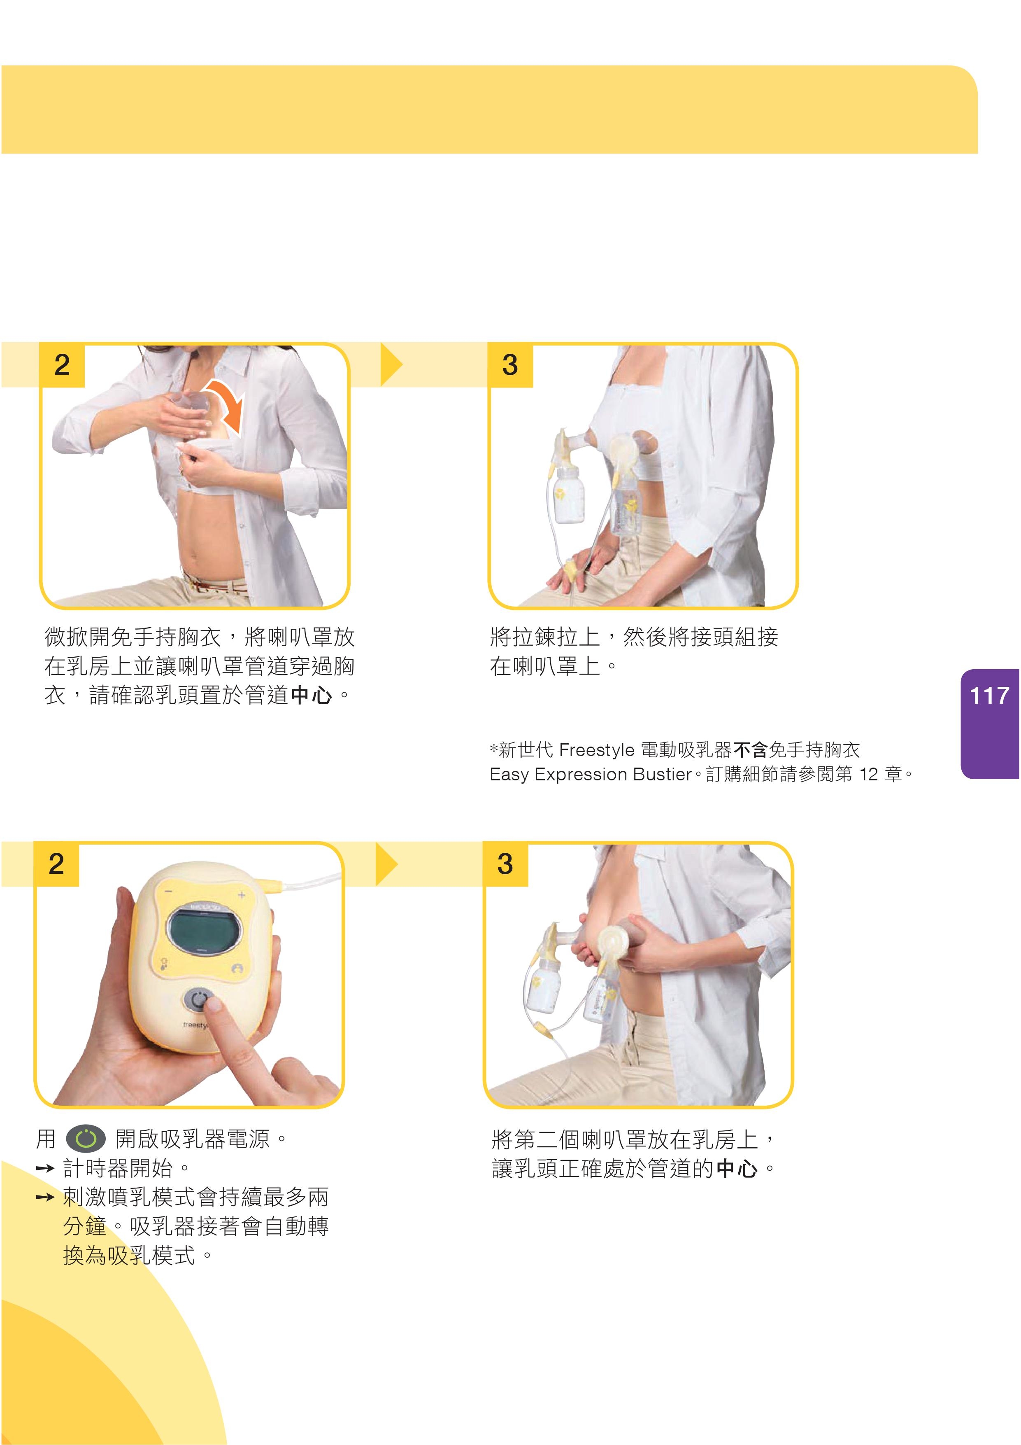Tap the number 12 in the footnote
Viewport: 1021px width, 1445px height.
pyautogui.click(x=868, y=774)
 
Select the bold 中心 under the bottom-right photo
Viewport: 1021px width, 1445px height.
pyautogui.click(x=737, y=1169)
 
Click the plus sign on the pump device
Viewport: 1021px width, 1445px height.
pyautogui.click(x=241, y=894)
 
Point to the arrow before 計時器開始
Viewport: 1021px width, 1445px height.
pyautogui.click(x=45, y=1169)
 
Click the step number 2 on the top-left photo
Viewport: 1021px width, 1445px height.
pyautogui.click(x=62, y=365)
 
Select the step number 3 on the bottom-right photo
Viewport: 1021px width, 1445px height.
pyautogui.click(x=505, y=864)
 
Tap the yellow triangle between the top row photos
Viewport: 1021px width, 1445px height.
pyautogui.click(x=391, y=364)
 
